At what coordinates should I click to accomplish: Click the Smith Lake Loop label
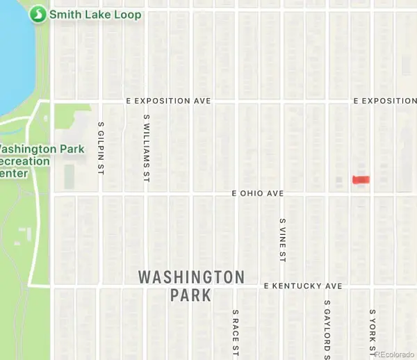pos(95,14)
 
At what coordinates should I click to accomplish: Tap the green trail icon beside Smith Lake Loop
pos(39,14)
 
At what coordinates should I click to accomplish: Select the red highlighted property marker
pos(361,180)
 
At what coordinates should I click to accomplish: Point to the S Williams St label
pos(146,149)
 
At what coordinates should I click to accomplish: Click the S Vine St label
pos(283,240)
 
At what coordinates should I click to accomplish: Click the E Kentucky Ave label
pos(304,286)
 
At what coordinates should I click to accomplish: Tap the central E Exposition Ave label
pos(168,101)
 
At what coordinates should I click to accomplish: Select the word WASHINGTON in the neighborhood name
pos(191,277)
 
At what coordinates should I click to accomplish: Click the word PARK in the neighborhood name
pos(190,295)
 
